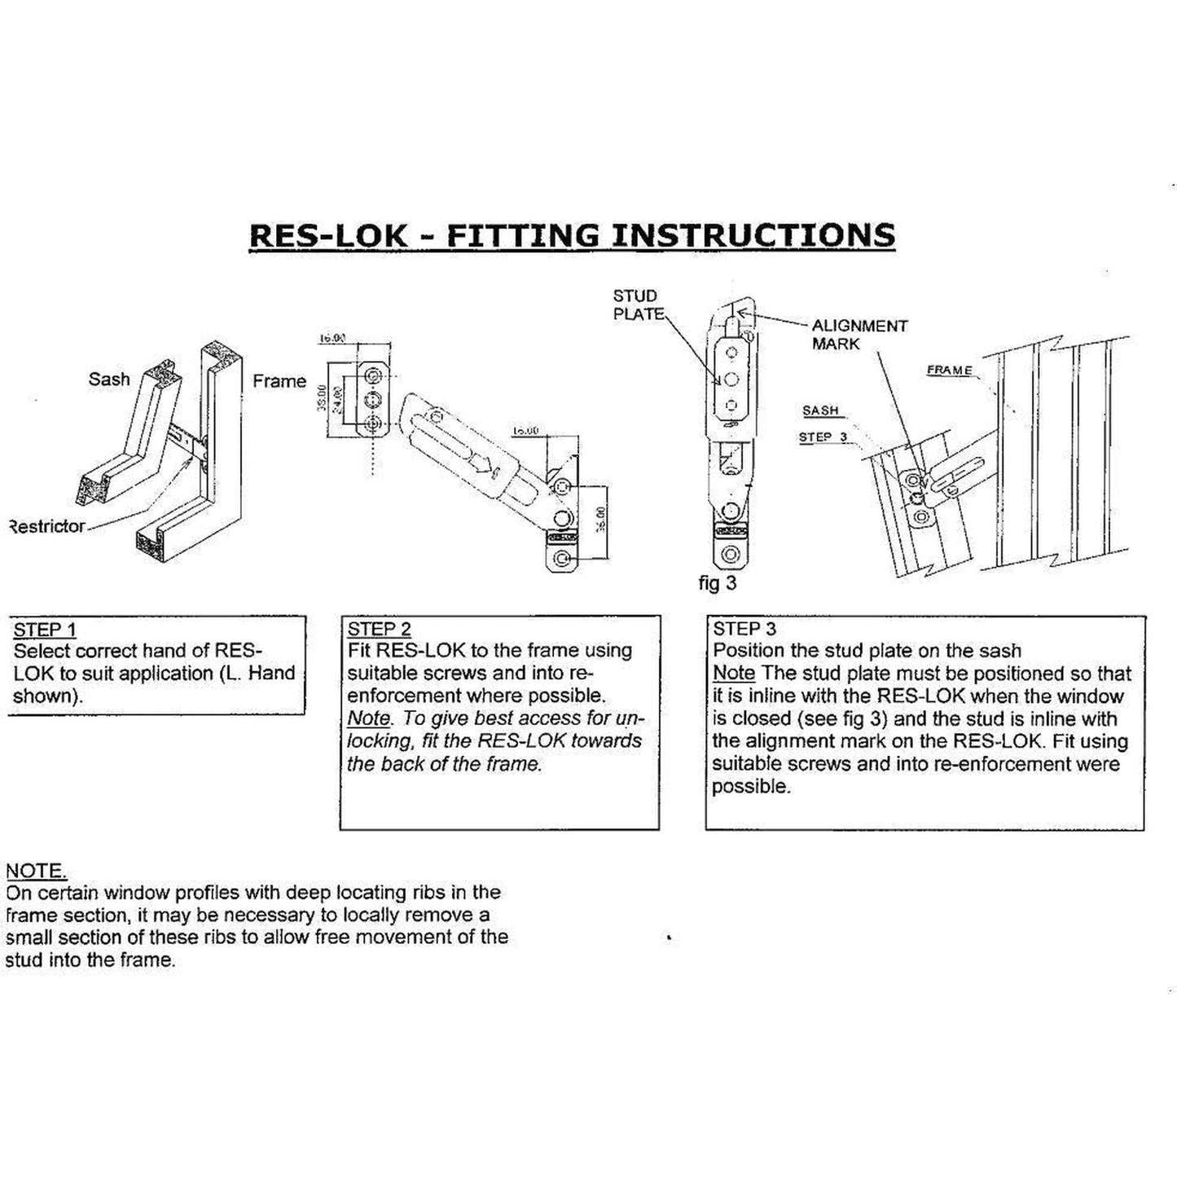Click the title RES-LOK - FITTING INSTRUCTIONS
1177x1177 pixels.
(572, 235)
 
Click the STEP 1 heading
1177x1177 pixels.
(45, 630)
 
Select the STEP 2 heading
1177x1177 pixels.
(379, 629)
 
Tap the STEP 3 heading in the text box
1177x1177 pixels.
(744, 629)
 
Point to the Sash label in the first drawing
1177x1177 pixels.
(109, 379)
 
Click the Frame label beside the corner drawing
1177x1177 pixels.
(279, 380)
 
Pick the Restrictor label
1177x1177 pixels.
(46, 526)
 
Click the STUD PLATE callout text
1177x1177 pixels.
(637, 305)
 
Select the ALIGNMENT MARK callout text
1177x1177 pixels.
(859, 334)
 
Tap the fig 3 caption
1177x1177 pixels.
(717, 583)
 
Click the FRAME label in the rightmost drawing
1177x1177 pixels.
(949, 371)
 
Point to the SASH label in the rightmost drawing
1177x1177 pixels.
(820, 411)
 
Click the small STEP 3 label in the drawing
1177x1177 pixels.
(823, 437)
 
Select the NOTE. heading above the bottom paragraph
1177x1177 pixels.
(36, 871)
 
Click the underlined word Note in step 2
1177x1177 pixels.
(368, 718)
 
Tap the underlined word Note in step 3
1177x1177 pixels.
(733, 674)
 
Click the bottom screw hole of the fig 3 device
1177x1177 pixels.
(731, 555)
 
